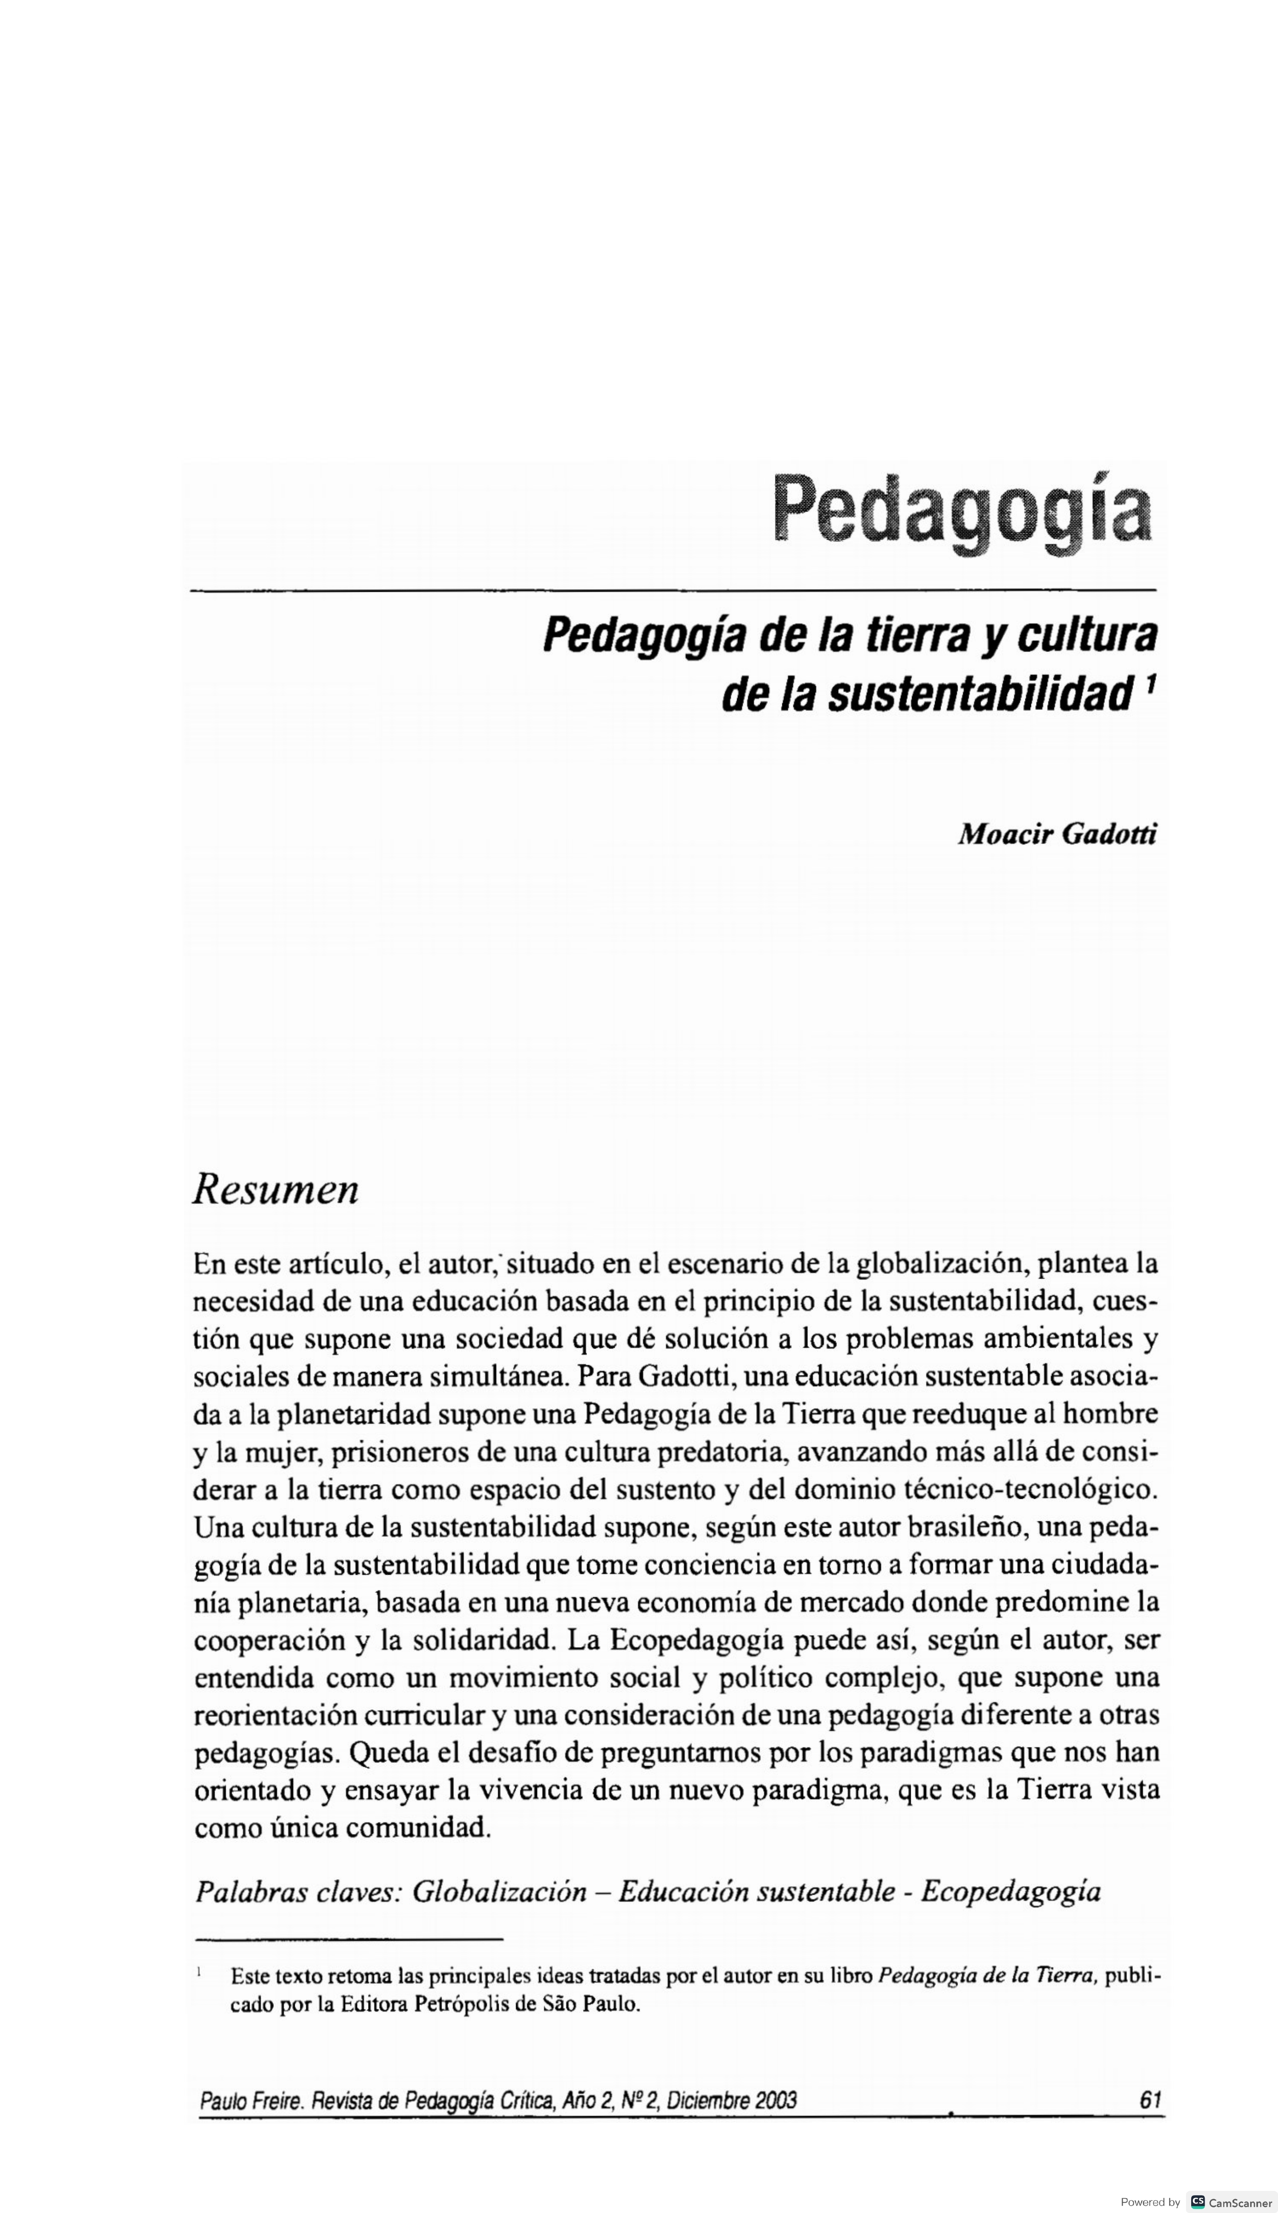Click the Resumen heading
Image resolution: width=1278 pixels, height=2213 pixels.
276,1191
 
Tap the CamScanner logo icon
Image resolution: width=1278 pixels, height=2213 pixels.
1197,2195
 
